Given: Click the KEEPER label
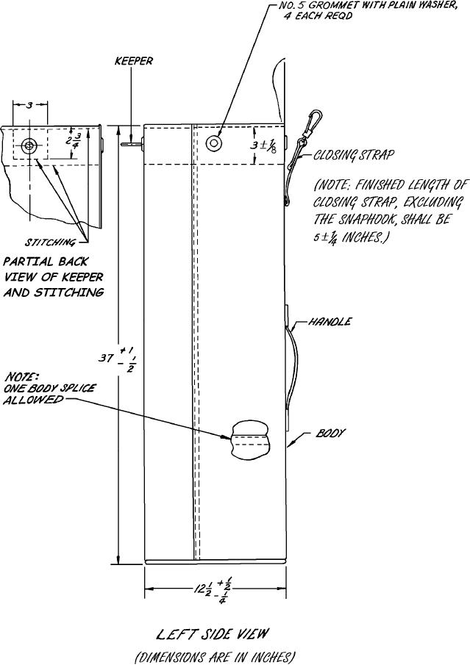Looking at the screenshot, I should click(x=134, y=62).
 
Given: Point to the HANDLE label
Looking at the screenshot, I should click(x=330, y=322).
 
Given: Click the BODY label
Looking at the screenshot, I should click(x=332, y=434).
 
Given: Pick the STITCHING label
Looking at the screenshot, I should click(x=51, y=241).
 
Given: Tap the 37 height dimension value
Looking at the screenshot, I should click(x=107, y=359).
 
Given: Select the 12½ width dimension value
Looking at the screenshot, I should click(x=199, y=590).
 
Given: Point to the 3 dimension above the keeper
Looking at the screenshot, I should click(x=29, y=106).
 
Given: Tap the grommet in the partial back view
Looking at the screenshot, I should click(x=29, y=145).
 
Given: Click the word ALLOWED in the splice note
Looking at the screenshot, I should click(x=32, y=400).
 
